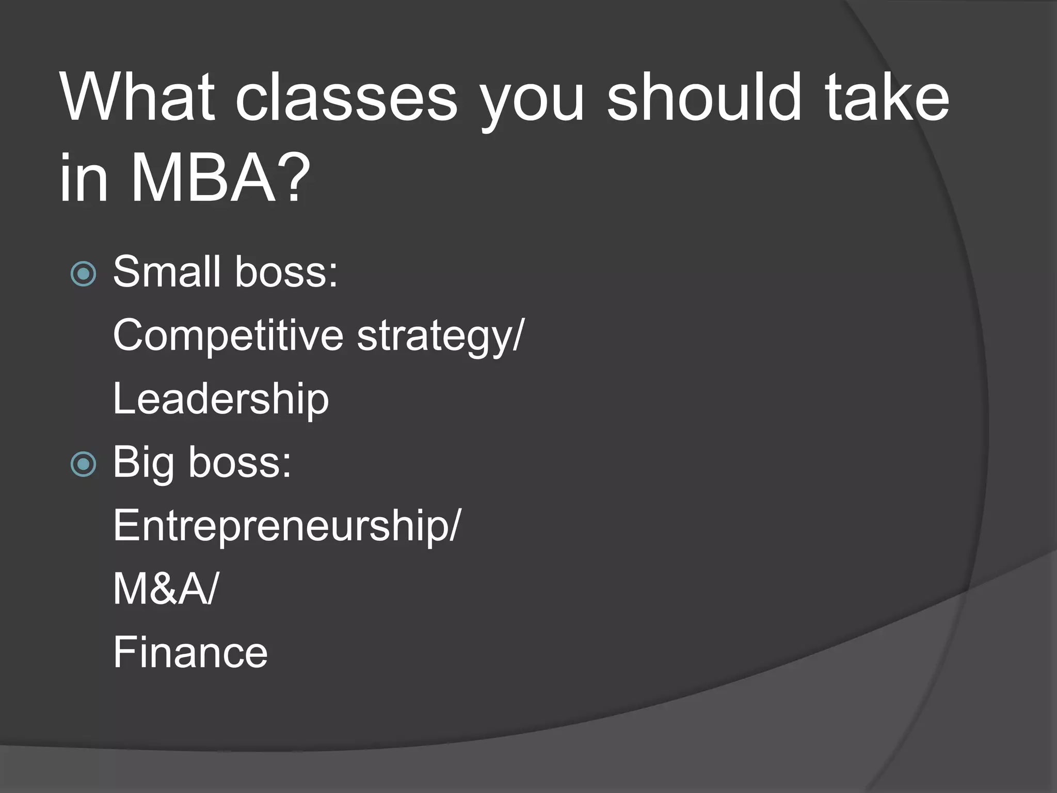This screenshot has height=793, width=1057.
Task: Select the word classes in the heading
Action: (346, 98)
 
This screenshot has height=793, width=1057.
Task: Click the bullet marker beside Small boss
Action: (83, 274)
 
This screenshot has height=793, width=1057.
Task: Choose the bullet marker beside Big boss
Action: (83, 464)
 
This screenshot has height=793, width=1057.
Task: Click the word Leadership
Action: (221, 399)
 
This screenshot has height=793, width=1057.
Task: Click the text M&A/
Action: (165, 589)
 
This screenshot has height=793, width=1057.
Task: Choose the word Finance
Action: (190, 653)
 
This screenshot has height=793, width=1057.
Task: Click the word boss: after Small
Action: (286, 272)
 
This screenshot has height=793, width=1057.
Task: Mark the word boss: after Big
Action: (240, 462)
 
